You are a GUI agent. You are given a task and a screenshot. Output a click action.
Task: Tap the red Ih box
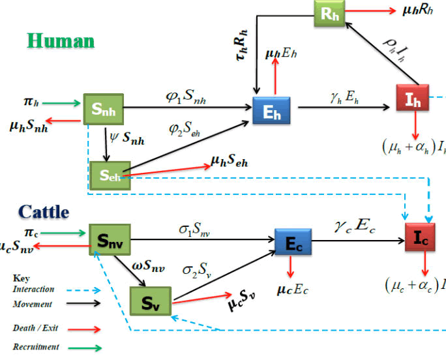pos(413,98)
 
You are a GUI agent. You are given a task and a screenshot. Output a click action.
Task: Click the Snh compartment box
pos(103,111)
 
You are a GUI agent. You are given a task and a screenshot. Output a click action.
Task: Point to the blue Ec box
pos(293,242)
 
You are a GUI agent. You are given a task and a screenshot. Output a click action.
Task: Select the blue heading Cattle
pos(43,212)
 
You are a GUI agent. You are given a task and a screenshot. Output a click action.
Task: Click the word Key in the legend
pos(22,278)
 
